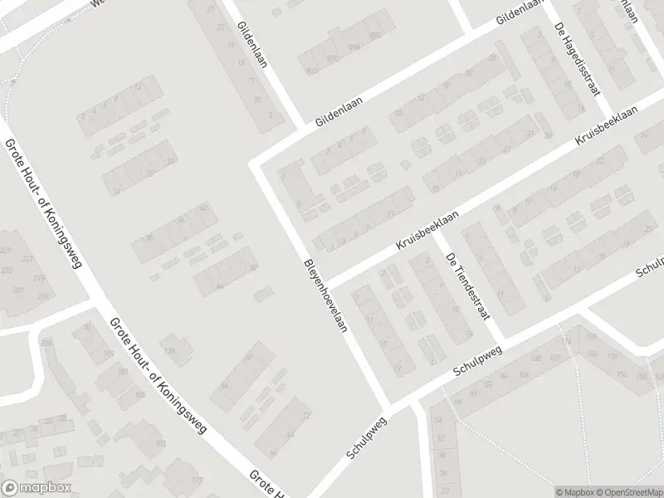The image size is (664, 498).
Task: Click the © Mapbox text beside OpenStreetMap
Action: point(574,492)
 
